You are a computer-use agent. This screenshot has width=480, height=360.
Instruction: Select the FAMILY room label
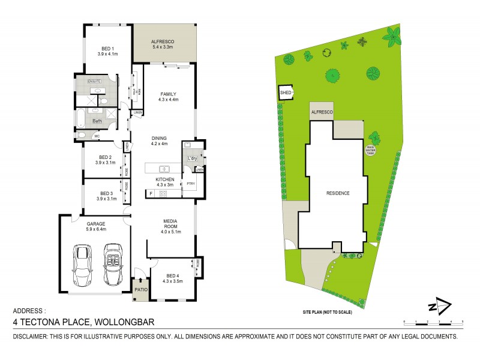(168, 97)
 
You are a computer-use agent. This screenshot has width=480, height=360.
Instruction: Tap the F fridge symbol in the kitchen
(151, 193)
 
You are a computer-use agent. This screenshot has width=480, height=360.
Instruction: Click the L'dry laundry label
(193, 158)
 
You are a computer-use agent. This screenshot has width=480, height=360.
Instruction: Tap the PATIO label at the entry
(140, 290)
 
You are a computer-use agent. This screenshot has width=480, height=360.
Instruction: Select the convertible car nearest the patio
(112, 264)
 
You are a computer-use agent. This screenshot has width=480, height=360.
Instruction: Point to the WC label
(97, 136)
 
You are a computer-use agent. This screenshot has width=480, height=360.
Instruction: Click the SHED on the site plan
(286, 92)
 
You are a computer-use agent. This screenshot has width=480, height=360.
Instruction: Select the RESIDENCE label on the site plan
(338, 193)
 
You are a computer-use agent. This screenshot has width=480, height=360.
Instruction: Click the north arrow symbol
(440, 307)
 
